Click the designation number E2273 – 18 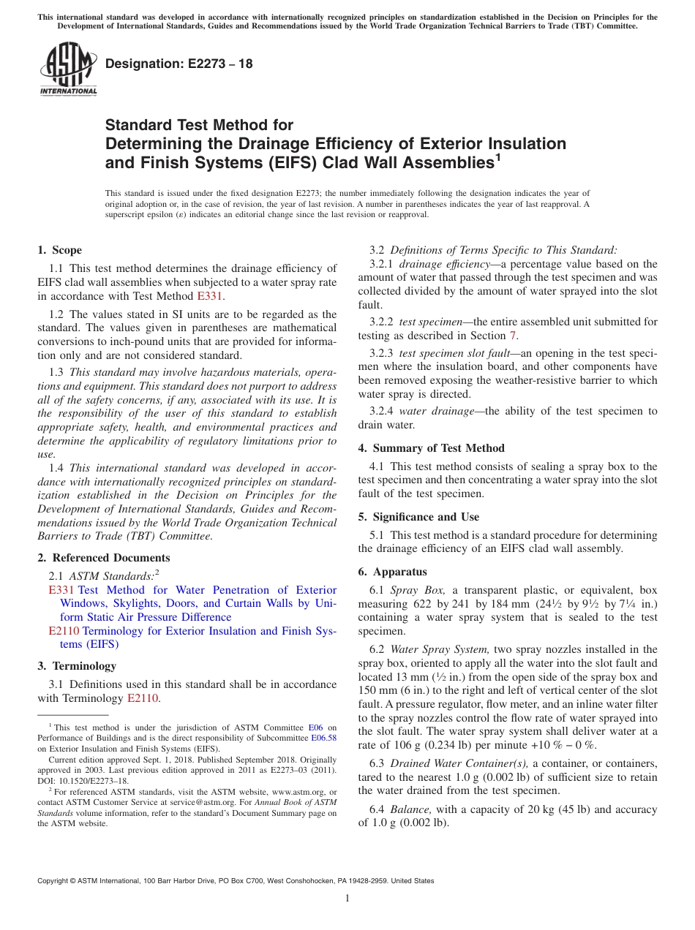(179, 64)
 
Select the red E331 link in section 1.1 (210, 296)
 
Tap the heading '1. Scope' (60, 250)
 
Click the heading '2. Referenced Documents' (104, 558)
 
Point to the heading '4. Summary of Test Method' (431, 448)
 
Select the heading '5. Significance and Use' (418, 517)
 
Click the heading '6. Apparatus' (392, 572)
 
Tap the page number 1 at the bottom (347, 898)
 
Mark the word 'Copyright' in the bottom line (55, 881)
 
